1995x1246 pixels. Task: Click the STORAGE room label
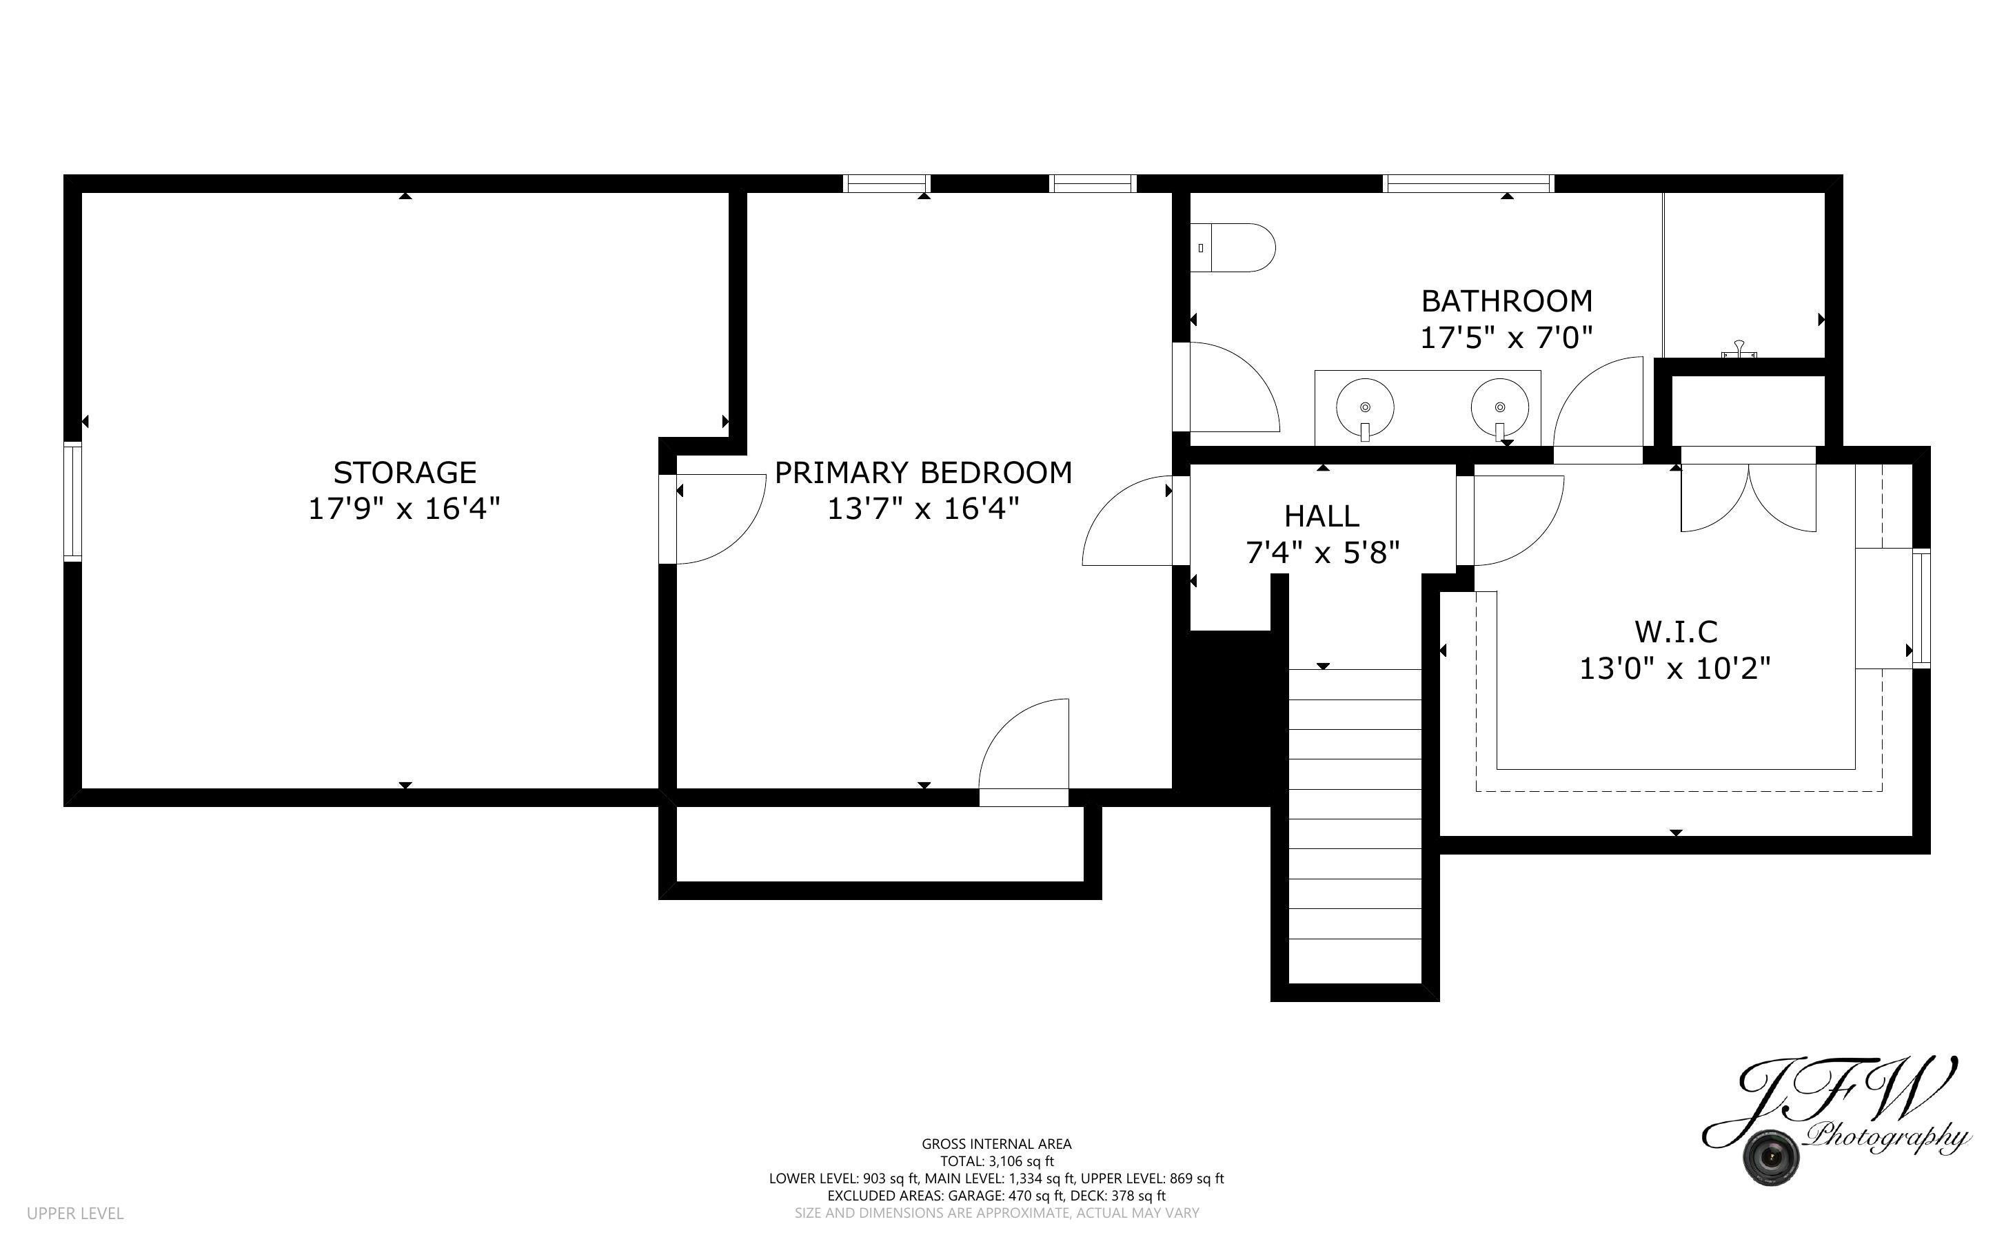(x=405, y=472)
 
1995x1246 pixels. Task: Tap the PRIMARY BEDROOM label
(x=923, y=472)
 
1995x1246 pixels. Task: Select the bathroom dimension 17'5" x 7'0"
(x=1506, y=337)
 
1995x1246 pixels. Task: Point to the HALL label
(x=1321, y=516)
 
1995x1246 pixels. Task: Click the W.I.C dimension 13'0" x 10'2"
(x=1674, y=668)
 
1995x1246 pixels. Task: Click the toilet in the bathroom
(x=1233, y=247)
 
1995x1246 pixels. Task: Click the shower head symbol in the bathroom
(x=1739, y=350)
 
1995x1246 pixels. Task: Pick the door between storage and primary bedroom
(x=713, y=519)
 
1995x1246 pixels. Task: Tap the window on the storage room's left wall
(x=73, y=501)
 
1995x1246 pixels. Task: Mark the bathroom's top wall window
(x=1468, y=183)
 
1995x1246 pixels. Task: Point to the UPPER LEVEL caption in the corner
(x=75, y=1214)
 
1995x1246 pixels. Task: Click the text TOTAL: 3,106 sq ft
(x=997, y=1161)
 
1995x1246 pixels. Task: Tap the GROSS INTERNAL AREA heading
(x=996, y=1144)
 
